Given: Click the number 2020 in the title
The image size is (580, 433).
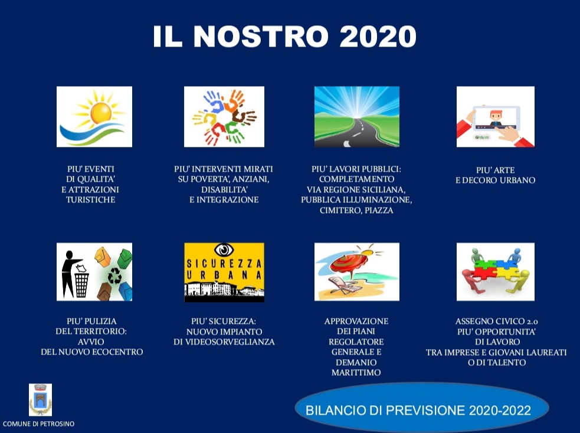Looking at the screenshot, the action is (x=378, y=36).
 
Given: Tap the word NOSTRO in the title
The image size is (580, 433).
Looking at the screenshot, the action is (x=261, y=36).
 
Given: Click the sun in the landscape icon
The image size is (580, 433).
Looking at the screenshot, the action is (x=101, y=113).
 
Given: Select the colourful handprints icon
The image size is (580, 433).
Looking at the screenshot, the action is (x=224, y=117).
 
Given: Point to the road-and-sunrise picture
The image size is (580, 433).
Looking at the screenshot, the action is (x=357, y=117).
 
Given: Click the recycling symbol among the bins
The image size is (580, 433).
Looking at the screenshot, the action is (x=114, y=275).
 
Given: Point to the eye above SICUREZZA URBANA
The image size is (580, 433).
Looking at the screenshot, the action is (x=224, y=250).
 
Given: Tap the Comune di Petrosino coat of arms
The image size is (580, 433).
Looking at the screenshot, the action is (x=40, y=400).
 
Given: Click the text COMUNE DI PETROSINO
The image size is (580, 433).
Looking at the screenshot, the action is (x=38, y=424).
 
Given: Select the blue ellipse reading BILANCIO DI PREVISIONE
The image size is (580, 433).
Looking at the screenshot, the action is (x=422, y=409).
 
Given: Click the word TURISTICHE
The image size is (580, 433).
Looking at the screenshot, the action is (x=91, y=199).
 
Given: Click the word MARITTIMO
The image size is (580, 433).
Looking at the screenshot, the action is (x=356, y=373).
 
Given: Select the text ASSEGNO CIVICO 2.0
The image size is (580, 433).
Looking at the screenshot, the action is (x=496, y=322).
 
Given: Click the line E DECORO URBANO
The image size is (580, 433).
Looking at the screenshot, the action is (x=495, y=181).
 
